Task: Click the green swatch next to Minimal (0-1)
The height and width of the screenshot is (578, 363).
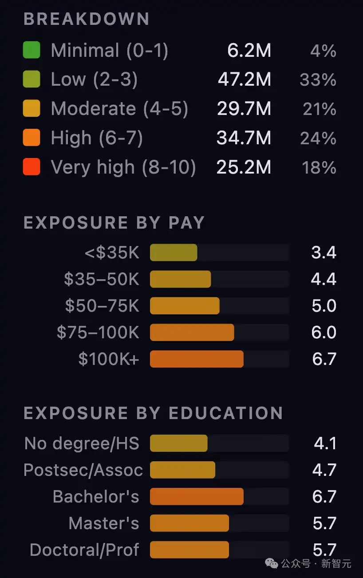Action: (x=32, y=50)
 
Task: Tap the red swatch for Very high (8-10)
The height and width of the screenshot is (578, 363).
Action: (x=32, y=167)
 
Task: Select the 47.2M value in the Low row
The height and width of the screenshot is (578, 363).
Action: (x=244, y=79)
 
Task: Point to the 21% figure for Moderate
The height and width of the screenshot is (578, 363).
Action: (x=319, y=109)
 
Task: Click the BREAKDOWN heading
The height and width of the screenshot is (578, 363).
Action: (x=86, y=19)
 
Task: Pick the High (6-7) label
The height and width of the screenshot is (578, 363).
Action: (x=97, y=138)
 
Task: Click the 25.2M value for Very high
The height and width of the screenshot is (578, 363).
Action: (x=244, y=167)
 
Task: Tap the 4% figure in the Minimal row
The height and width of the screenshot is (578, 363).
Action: (x=323, y=51)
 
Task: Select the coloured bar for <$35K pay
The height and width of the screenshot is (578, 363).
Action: (x=174, y=252)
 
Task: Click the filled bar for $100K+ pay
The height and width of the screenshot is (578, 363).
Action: (x=197, y=359)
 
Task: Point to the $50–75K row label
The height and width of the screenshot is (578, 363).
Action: (x=102, y=306)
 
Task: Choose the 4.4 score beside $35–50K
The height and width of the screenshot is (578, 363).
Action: (x=324, y=279)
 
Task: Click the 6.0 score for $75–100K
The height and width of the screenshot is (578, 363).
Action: (x=324, y=333)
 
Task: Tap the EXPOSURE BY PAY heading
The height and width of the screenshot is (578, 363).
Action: (x=114, y=222)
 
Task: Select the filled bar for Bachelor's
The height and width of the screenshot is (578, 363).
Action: (x=197, y=496)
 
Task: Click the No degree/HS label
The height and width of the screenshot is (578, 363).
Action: (x=82, y=443)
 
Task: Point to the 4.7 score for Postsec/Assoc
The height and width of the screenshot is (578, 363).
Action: (x=324, y=470)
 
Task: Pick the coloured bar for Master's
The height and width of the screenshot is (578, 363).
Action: (x=189, y=523)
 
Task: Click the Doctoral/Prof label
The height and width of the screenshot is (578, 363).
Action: (x=84, y=550)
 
